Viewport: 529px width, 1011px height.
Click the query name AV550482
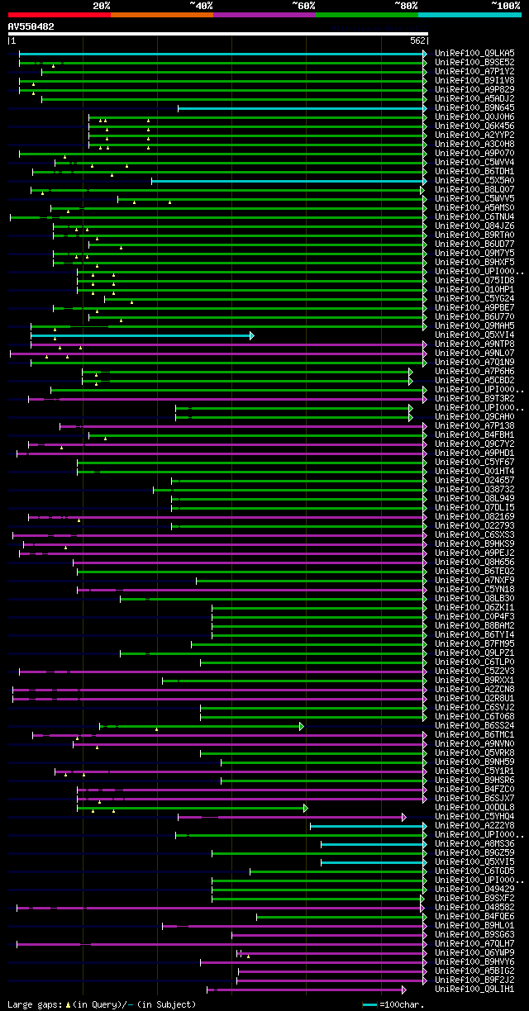click(31, 26)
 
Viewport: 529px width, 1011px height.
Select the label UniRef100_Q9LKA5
click(474, 53)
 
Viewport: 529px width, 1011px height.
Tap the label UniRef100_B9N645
click(474, 107)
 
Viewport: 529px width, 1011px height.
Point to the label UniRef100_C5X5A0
click(474, 180)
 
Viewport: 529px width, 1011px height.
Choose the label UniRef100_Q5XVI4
click(474, 335)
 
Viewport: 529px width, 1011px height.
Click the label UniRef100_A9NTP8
click(474, 344)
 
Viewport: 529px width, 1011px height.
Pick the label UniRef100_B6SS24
click(474, 725)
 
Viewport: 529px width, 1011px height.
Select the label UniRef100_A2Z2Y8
click(474, 825)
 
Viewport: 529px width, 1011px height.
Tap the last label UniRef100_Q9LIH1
click(474, 989)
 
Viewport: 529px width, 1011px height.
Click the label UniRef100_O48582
click(474, 907)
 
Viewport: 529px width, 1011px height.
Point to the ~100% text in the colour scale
click(505, 5)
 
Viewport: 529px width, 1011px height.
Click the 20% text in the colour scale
click(102, 5)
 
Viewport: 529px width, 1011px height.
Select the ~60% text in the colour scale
click(303, 5)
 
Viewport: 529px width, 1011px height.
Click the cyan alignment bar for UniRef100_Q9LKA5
click(223, 54)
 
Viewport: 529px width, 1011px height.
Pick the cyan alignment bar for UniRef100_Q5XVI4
click(141, 335)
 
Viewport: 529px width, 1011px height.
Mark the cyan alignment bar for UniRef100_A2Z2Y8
click(368, 825)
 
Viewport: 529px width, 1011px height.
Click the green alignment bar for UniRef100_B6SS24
click(207, 726)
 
